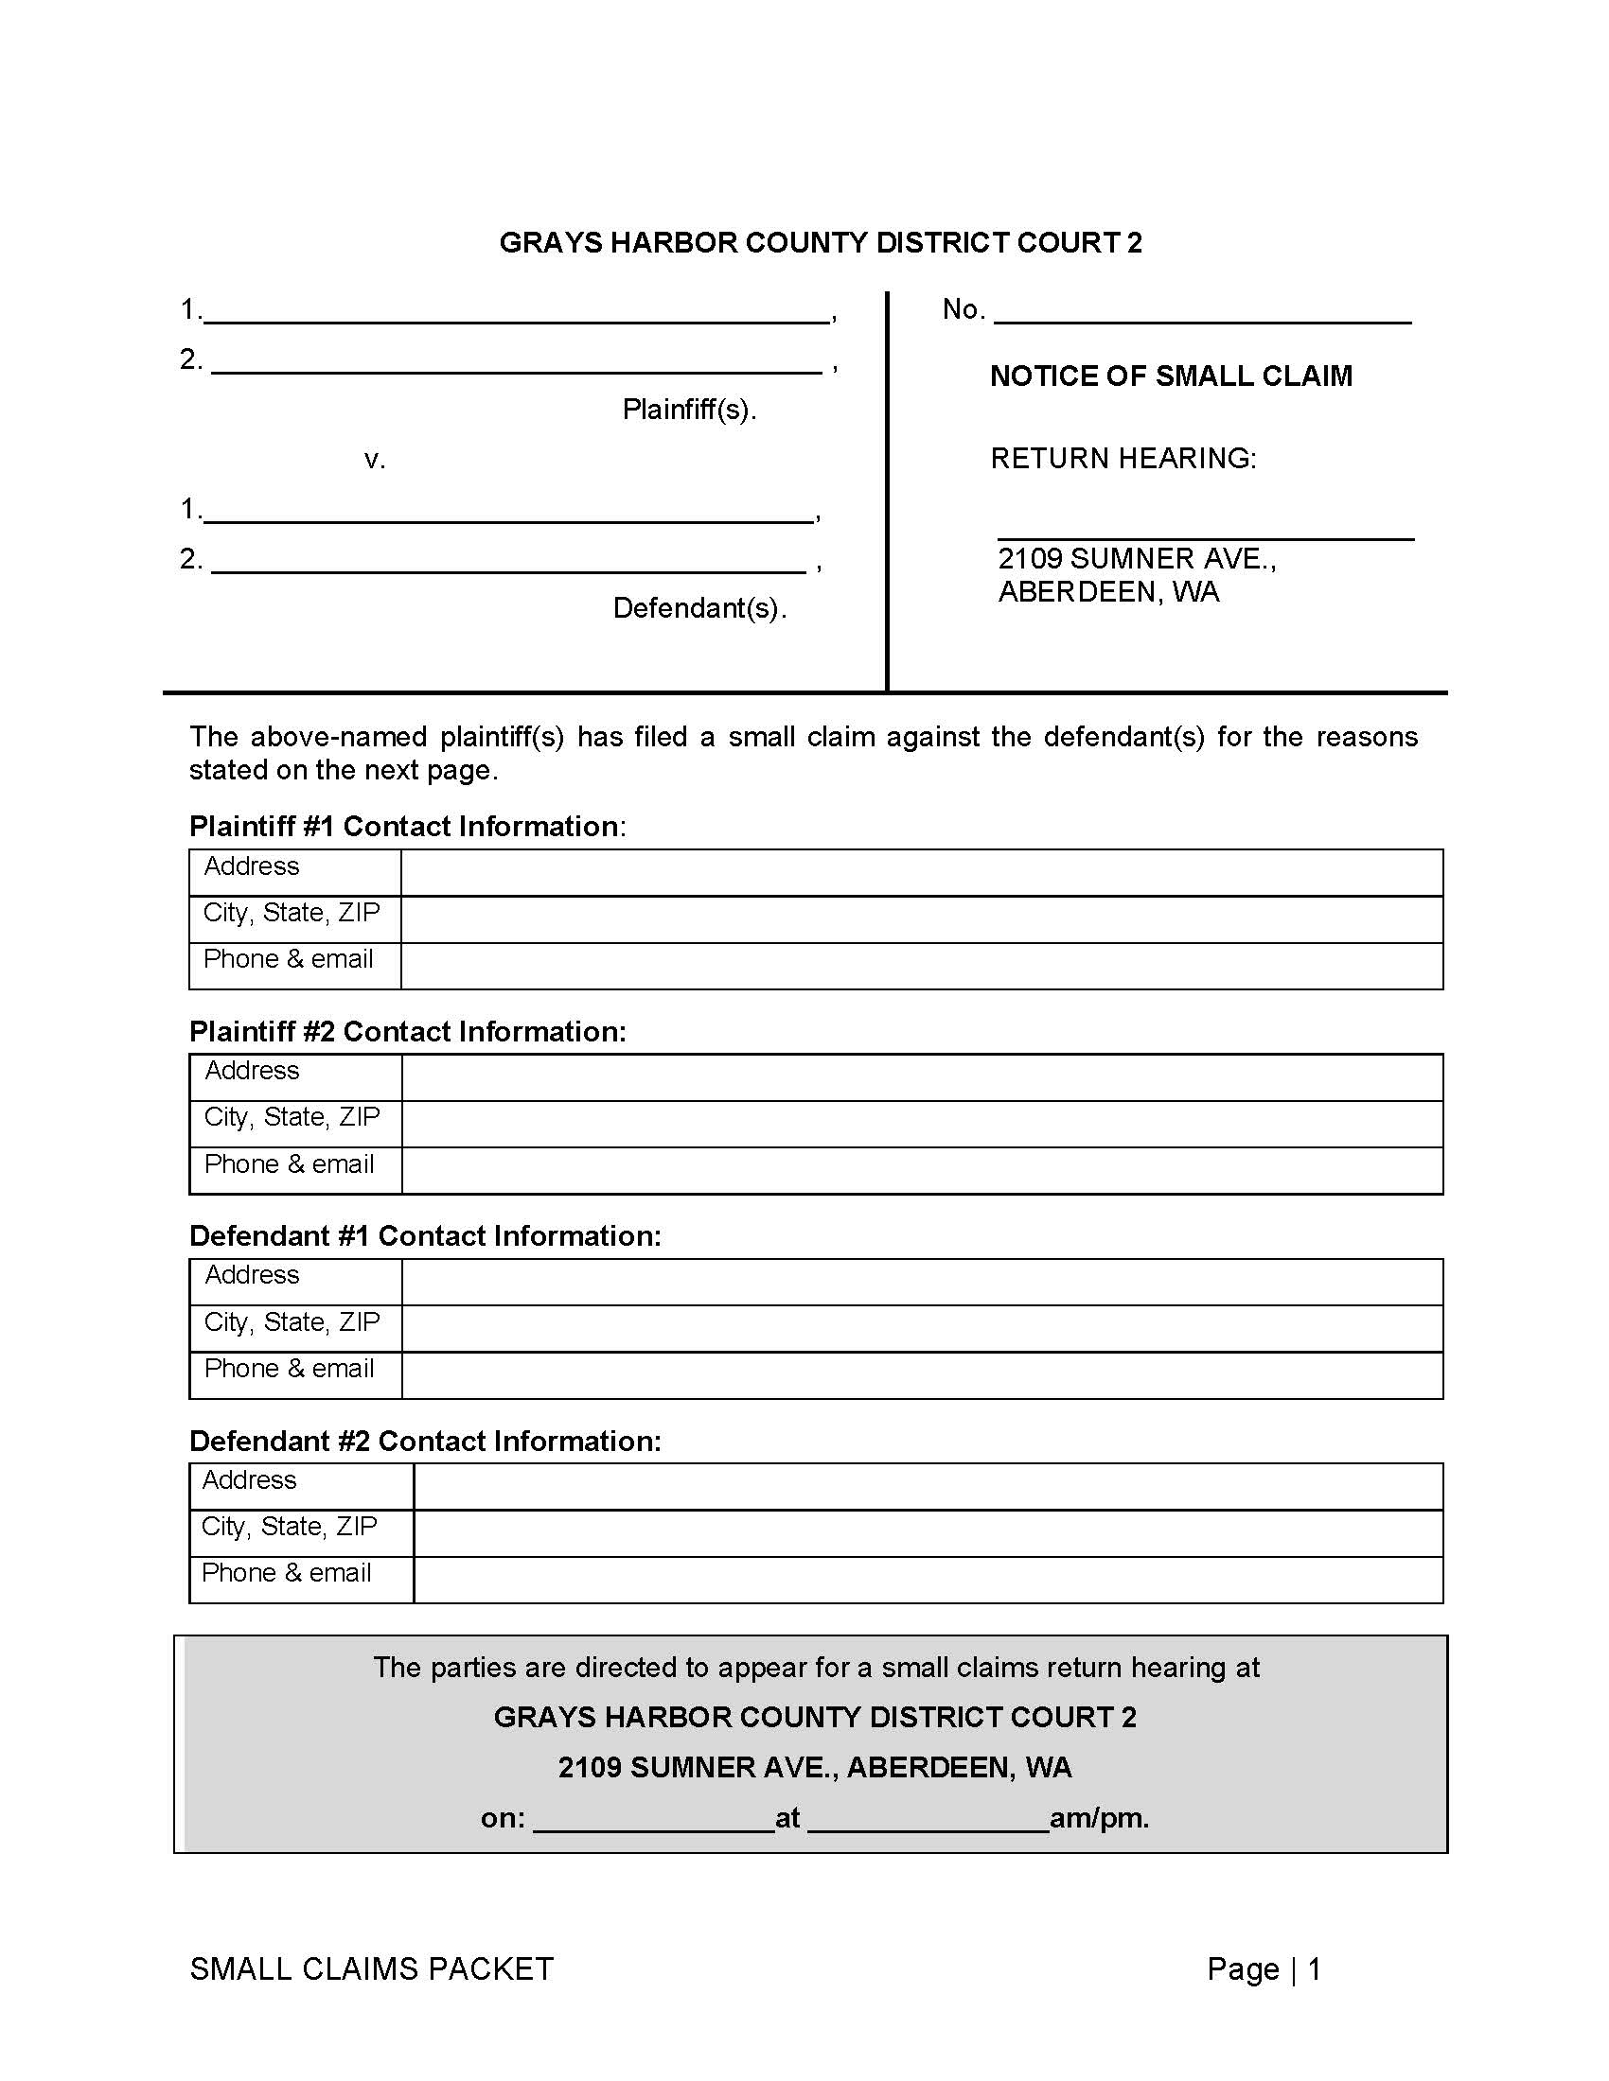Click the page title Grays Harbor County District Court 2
click(x=820, y=243)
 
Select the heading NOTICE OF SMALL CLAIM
click(x=1171, y=376)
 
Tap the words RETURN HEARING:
click(x=1123, y=459)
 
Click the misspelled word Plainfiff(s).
click(x=688, y=410)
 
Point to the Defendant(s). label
click(x=698, y=608)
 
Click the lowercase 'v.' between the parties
click(x=375, y=461)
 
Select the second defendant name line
click(x=507, y=561)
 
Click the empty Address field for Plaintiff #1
click(x=921, y=872)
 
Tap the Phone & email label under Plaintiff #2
click(x=289, y=1164)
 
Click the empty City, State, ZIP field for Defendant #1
click(x=921, y=1328)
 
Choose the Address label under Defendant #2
click(x=249, y=1479)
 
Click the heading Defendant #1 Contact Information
click(x=424, y=1236)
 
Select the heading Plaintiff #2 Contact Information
click(x=407, y=1031)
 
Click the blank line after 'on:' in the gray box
click(x=653, y=1818)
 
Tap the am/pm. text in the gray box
click(x=1098, y=1818)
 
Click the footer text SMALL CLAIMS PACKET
click(x=371, y=1968)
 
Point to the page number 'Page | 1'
click(x=1263, y=1968)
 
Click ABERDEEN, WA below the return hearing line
click(x=1107, y=593)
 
